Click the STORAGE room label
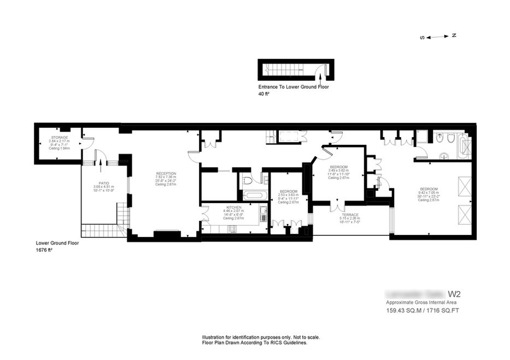coord(60,137)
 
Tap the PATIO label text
coord(104,184)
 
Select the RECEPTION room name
coord(166,173)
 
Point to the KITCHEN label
coord(234,208)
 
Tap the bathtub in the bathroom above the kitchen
coord(253,195)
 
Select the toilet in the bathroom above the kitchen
coord(247,179)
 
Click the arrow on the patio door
coord(101,161)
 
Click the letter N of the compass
coord(454,36)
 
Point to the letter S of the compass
coord(422,38)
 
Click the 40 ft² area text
coord(263,94)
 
